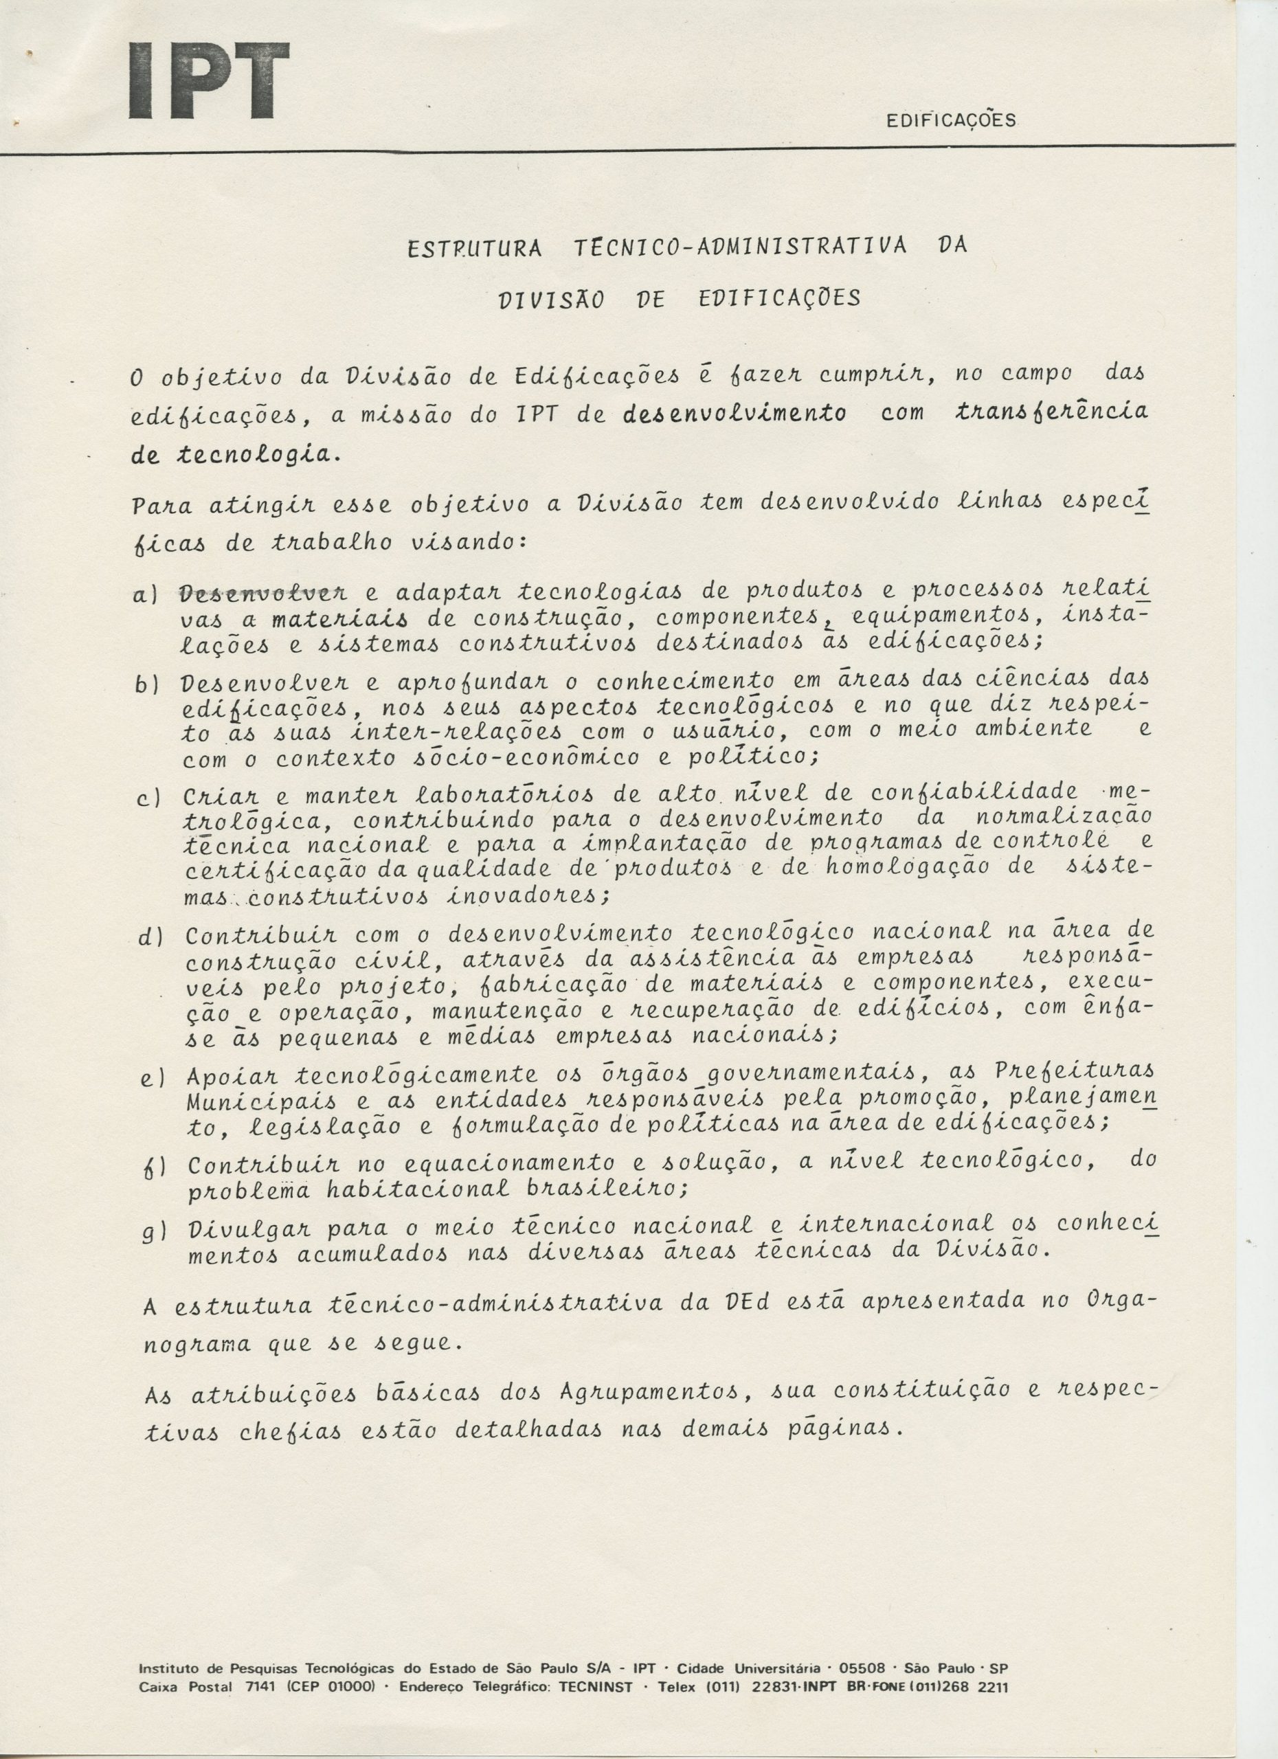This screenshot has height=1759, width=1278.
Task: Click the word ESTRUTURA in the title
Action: (475, 249)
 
